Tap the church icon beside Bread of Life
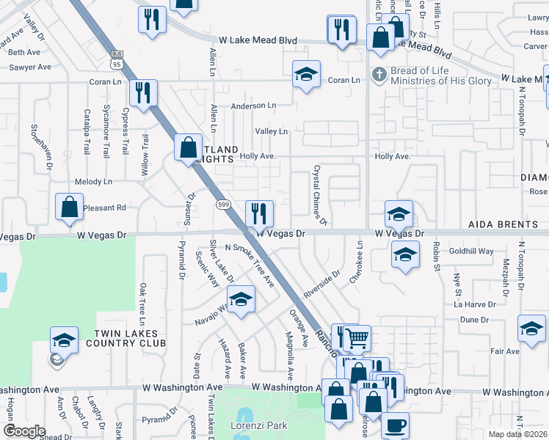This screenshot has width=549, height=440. click(378, 74)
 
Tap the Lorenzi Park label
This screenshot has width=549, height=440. click(257, 425)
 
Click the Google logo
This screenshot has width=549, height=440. click(24, 431)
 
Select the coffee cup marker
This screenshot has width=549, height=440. click(395, 425)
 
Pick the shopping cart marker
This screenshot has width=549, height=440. click(357, 338)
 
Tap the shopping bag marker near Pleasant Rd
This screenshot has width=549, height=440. click(68, 208)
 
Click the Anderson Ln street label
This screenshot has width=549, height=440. click(252, 106)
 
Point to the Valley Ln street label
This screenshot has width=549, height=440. click(271, 131)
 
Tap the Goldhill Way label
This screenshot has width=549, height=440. click(471, 251)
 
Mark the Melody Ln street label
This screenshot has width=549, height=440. click(93, 181)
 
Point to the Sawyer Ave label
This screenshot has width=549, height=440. click(30, 67)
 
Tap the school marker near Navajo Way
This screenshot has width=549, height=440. click(240, 301)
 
